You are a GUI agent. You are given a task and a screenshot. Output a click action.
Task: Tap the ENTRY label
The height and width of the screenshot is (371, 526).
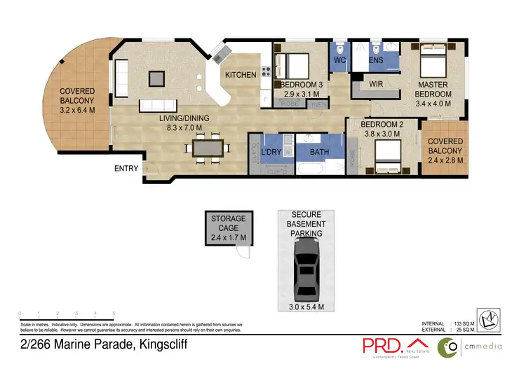tap(127, 169)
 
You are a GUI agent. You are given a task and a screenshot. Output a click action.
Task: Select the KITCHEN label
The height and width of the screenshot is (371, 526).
tap(241, 75)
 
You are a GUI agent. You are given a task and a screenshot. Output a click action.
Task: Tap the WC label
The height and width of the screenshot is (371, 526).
tap(339, 61)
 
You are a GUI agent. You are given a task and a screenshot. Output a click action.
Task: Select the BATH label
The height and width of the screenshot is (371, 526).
tap(319, 151)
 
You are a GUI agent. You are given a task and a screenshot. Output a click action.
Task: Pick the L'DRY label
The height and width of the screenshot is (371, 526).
tap(270, 151)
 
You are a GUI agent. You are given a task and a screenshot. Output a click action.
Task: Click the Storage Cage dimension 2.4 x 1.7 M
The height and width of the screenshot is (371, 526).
tap(229, 238)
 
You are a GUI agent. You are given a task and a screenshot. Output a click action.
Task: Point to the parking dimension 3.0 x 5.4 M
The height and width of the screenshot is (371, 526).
tap(307, 307)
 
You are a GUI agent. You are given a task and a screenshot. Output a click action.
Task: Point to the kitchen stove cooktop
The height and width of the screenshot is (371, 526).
tap(266, 71)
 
